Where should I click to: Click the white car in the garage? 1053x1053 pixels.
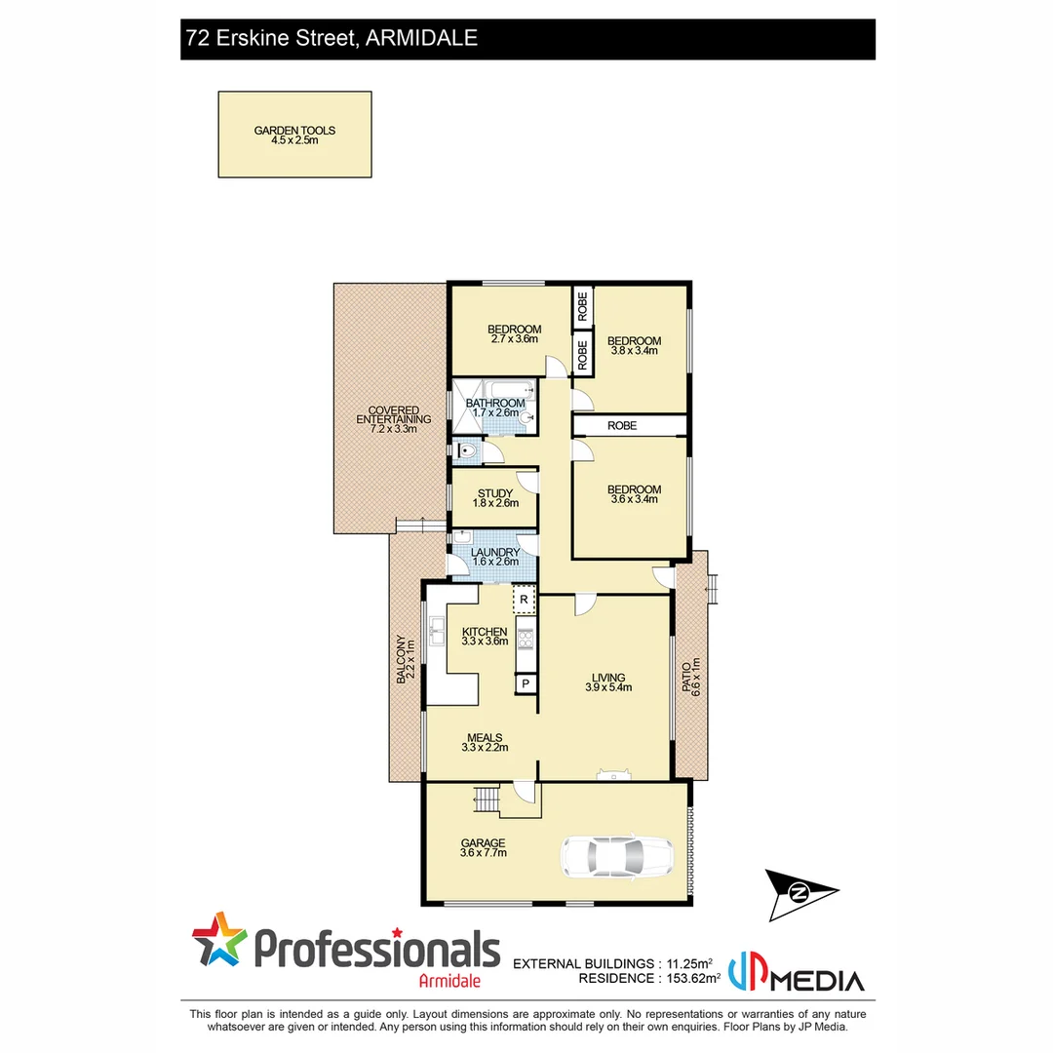(x=615, y=856)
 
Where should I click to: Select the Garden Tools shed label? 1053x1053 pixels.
(x=294, y=135)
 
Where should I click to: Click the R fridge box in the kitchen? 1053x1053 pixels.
(x=525, y=598)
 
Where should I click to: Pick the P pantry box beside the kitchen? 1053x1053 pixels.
(x=526, y=683)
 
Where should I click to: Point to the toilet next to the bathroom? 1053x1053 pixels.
(x=466, y=450)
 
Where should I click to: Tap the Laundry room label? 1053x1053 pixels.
(x=495, y=557)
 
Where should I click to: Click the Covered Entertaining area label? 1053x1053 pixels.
(x=393, y=419)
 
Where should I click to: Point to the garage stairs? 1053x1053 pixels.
(x=486, y=799)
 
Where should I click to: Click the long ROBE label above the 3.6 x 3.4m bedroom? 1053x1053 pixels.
(x=622, y=426)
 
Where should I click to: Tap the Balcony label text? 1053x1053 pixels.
(x=405, y=659)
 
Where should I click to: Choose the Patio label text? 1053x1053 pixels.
(x=691, y=674)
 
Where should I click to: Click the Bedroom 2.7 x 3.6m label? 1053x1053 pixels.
(x=514, y=333)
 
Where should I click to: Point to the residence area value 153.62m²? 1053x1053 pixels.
(x=688, y=978)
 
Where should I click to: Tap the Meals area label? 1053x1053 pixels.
(x=485, y=743)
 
